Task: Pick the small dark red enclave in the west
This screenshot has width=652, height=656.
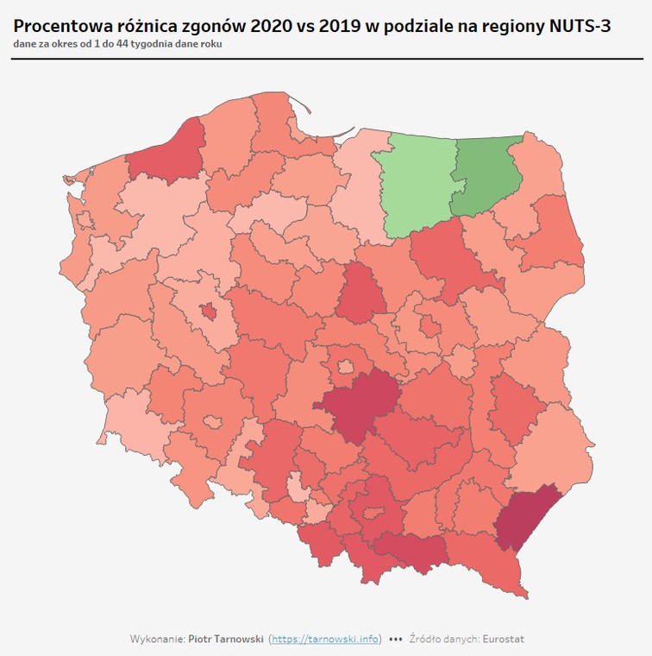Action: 208,311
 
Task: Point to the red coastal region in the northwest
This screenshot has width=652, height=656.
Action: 169,155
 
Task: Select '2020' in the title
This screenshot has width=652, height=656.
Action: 273,27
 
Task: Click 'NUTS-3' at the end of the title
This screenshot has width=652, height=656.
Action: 580,27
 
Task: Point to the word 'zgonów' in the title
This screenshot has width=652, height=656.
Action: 212,27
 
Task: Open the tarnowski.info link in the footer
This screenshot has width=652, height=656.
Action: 326,640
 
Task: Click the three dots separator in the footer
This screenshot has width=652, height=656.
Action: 396,640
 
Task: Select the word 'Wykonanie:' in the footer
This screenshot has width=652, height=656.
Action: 156,640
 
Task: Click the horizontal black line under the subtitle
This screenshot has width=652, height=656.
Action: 326,58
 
